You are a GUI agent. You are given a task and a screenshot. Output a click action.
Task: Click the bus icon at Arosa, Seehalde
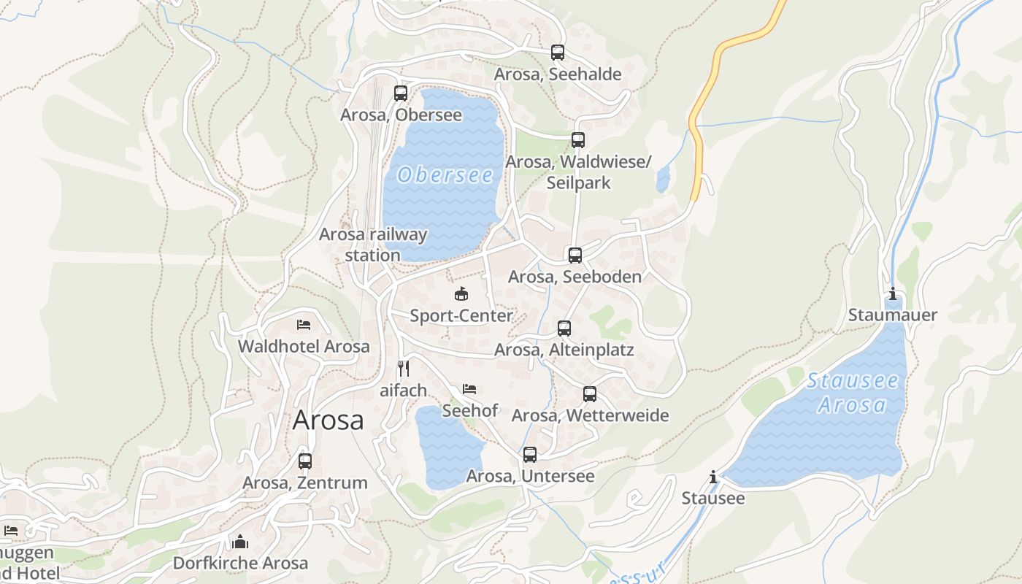pos(558,53)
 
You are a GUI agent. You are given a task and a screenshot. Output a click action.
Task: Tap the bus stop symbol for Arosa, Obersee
pos(401,93)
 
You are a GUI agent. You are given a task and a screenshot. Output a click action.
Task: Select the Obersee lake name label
pos(445,175)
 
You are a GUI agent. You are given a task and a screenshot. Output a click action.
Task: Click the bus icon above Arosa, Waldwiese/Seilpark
pos(578,140)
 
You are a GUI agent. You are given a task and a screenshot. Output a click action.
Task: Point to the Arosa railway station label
pos(373,245)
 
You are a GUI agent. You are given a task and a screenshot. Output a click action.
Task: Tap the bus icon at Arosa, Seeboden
pos(575,255)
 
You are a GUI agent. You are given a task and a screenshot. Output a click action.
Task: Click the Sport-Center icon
pos(461,294)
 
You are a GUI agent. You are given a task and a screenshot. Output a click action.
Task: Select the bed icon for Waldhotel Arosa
pos(304,325)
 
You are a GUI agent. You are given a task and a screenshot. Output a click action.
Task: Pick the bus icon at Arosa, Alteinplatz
pos(564,328)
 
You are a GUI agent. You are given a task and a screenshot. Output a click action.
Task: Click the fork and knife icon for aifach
pos(404,369)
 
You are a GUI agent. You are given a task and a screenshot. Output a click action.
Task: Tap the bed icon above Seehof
pos(469,389)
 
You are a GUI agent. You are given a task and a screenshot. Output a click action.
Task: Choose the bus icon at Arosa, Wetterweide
pos(590,394)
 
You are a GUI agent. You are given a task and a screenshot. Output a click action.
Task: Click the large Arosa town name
pos(328,420)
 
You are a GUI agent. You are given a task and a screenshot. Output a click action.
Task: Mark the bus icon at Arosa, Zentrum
pos(305,461)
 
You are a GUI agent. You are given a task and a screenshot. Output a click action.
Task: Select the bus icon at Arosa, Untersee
pos(530,455)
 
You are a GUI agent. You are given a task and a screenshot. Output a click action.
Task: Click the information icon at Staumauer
pos(892,294)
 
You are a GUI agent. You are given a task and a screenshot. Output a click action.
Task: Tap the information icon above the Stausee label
pos(713,477)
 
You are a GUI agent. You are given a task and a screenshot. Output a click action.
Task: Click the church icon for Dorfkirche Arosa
pos(240,542)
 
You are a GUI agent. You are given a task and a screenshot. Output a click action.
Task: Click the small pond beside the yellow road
pos(663,179)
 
